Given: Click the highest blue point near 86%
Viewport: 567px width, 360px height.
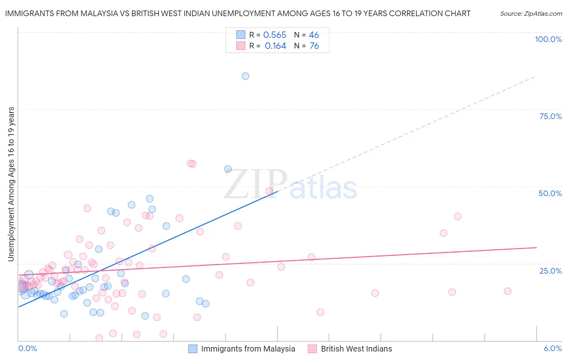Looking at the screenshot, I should coord(245,76).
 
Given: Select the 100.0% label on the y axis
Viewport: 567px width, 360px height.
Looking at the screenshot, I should coord(548,39).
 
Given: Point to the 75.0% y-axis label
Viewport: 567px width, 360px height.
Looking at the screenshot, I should coord(550,116).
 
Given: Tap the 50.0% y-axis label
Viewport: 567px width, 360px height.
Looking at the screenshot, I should coord(550,193).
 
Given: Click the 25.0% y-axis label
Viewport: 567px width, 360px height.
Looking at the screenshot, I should coord(550,271).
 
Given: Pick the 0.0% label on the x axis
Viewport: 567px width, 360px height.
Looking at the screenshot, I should coord(27,348).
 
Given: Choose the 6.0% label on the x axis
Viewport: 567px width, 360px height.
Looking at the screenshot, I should coord(552,348).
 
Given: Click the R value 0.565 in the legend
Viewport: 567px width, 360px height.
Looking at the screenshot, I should coord(275,35).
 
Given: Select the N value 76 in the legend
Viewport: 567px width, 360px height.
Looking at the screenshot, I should coord(314,46).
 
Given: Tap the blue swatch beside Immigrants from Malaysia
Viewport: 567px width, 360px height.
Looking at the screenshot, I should coord(193,349).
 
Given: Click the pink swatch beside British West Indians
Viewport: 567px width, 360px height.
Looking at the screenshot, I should coord(313,349).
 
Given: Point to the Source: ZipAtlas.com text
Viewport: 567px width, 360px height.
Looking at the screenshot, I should coord(531,14).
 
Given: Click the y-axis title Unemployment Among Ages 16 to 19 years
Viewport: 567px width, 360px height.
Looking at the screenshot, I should coord(11,184).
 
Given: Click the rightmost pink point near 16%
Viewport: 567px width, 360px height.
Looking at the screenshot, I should coord(507,291).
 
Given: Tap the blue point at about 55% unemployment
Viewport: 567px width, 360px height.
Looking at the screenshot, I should coord(228,169).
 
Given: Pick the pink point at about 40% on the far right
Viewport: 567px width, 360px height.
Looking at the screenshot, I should coord(457,216).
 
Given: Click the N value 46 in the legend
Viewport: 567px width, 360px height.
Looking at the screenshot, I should coord(314,35).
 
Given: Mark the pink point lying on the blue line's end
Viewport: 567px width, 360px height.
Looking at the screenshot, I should coord(269,191).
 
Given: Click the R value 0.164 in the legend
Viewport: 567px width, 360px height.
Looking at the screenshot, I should coord(275,46).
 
